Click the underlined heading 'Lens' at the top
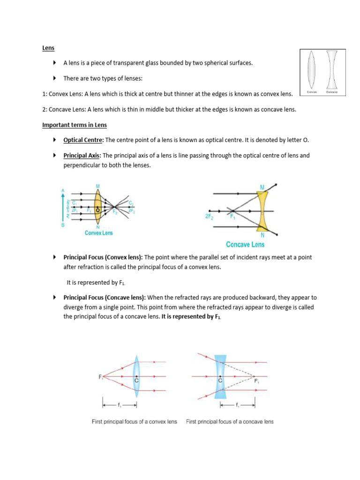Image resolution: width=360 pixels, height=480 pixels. (x=48, y=48)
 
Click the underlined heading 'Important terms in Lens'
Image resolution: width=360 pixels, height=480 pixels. (x=74, y=125)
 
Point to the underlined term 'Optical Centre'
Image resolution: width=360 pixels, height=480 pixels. (x=83, y=140)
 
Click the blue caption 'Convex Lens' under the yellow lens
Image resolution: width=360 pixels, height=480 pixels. (x=98, y=233)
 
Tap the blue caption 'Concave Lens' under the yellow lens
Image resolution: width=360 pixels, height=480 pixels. (x=245, y=244)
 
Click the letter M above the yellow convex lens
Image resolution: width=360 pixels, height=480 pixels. (x=98, y=186)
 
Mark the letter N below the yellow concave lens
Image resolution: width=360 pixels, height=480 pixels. (x=262, y=235)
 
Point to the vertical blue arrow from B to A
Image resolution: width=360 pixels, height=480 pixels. (x=63, y=206)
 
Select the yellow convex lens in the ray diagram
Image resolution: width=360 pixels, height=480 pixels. (x=97, y=206)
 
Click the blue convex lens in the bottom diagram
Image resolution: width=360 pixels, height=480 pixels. (x=136, y=376)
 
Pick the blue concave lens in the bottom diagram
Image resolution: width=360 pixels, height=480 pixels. (x=220, y=376)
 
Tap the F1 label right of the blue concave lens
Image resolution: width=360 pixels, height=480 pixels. (x=256, y=381)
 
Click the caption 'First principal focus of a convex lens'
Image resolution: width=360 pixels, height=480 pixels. (x=134, y=422)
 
